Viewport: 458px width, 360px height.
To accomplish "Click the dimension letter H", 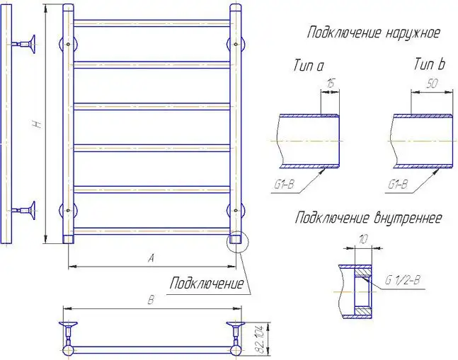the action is click(x=38, y=124).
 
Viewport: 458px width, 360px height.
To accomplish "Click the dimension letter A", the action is click(x=151, y=258).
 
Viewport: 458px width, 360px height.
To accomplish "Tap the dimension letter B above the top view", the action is click(x=151, y=300).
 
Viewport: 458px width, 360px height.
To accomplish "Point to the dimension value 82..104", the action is click(x=260, y=339).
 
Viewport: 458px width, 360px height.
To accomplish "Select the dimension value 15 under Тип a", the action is click(x=330, y=84).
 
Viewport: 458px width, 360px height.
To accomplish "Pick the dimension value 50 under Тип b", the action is click(x=432, y=83).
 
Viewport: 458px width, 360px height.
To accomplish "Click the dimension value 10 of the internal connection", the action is click(x=362, y=239).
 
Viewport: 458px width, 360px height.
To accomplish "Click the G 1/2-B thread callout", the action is click(x=403, y=280).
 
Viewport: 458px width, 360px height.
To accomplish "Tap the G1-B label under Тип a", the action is click(x=284, y=185).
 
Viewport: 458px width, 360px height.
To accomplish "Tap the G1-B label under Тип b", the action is click(x=398, y=185).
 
